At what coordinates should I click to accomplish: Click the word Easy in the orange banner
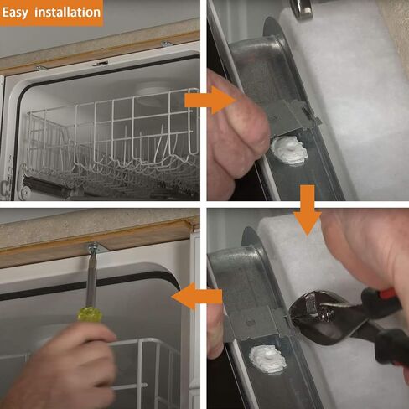click(x=15, y=13)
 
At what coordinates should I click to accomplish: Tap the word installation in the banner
click(x=67, y=13)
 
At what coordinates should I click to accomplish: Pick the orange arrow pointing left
click(x=197, y=297)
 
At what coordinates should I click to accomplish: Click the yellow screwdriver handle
click(x=90, y=314)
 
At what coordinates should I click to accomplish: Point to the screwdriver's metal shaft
click(x=91, y=279)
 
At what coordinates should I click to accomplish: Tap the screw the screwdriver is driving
click(x=92, y=248)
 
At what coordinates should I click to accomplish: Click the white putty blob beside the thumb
click(x=289, y=151)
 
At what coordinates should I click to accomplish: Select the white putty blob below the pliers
click(x=267, y=359)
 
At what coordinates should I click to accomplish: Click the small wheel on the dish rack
click(x=25, y=191)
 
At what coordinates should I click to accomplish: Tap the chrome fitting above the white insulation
click(x=303, y=8)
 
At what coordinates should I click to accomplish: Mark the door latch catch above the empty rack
click(x=101, y=64)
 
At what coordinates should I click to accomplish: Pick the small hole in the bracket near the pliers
click(x=250, y=324)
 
